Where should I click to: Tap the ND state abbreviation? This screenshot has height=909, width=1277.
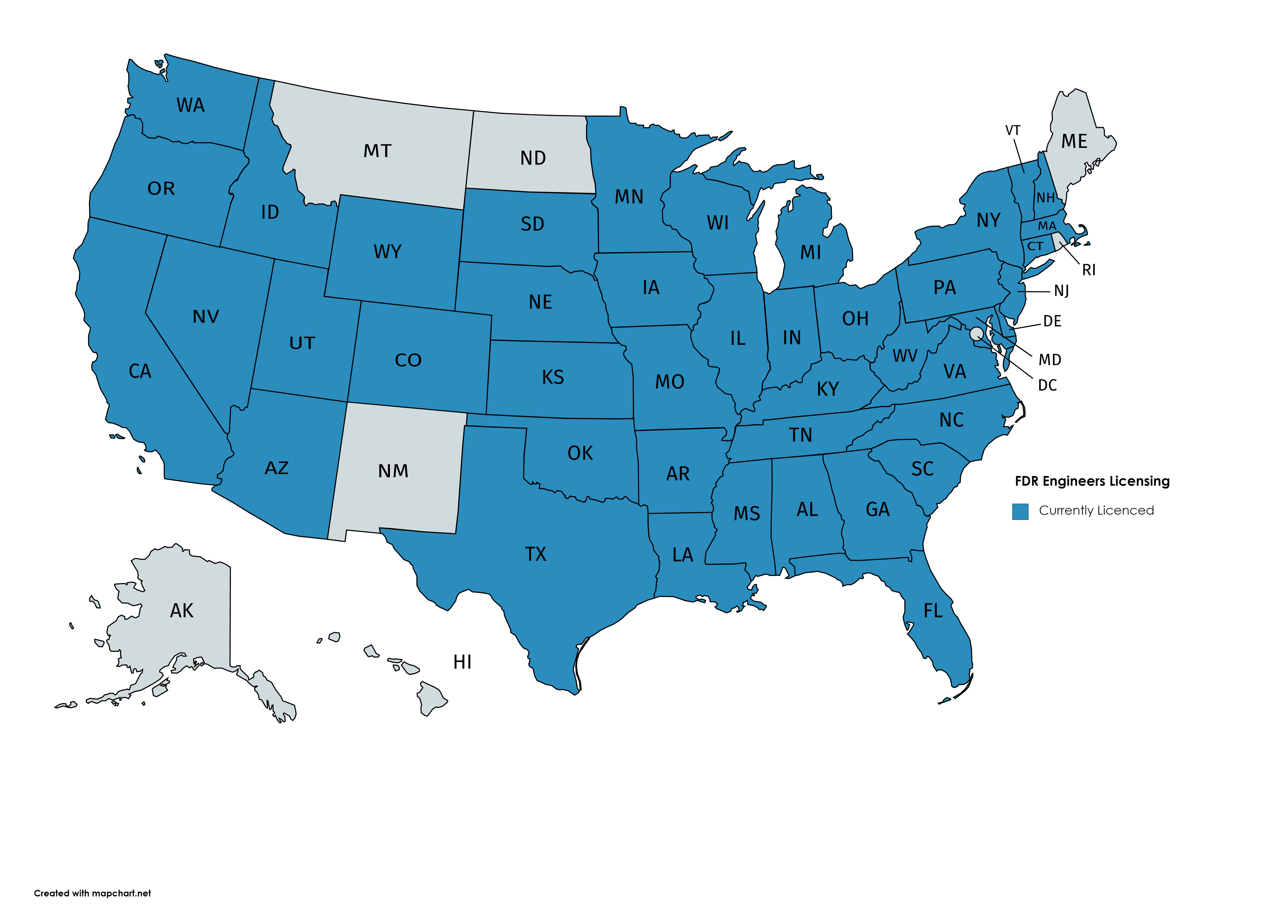coord(533,159)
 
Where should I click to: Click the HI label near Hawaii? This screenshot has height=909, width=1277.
coord(462,662)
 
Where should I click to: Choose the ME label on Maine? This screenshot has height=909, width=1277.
coord(1074,142)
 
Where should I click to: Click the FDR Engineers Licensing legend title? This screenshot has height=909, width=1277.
coord(1092,481)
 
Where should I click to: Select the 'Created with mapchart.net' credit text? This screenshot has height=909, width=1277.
coord(92,893)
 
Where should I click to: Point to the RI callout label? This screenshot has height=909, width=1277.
coord(1089,270)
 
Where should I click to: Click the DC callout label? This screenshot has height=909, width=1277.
coord(1047,386)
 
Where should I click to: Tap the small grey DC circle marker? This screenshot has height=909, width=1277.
coord(976,334)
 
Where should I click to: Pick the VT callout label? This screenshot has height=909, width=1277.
coord(1012,130)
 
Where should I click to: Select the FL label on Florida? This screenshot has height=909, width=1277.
coord(933,611)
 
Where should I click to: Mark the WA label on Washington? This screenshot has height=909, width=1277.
coord(190,105)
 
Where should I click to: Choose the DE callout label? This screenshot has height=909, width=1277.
coord(1052,321)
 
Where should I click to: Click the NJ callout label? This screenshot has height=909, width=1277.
coord(1061,291)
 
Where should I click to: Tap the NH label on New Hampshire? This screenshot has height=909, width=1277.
coord(1045,198)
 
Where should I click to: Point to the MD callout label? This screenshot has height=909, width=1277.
coord(1049,360)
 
